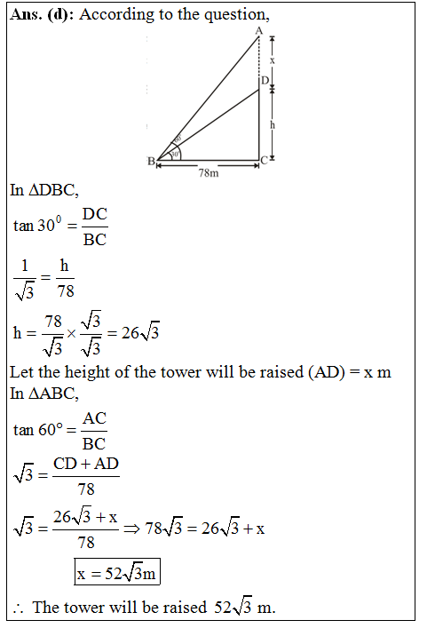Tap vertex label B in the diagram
click(x=151, y=161)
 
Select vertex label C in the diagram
click(x=265, y=161)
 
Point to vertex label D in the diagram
click(x=265, y=81)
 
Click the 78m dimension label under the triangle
click(x=208, y=174)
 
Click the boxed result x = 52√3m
click(x=117, y=573)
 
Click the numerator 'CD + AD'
click(x=86, y=464)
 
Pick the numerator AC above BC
click(x=94, y=418)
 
